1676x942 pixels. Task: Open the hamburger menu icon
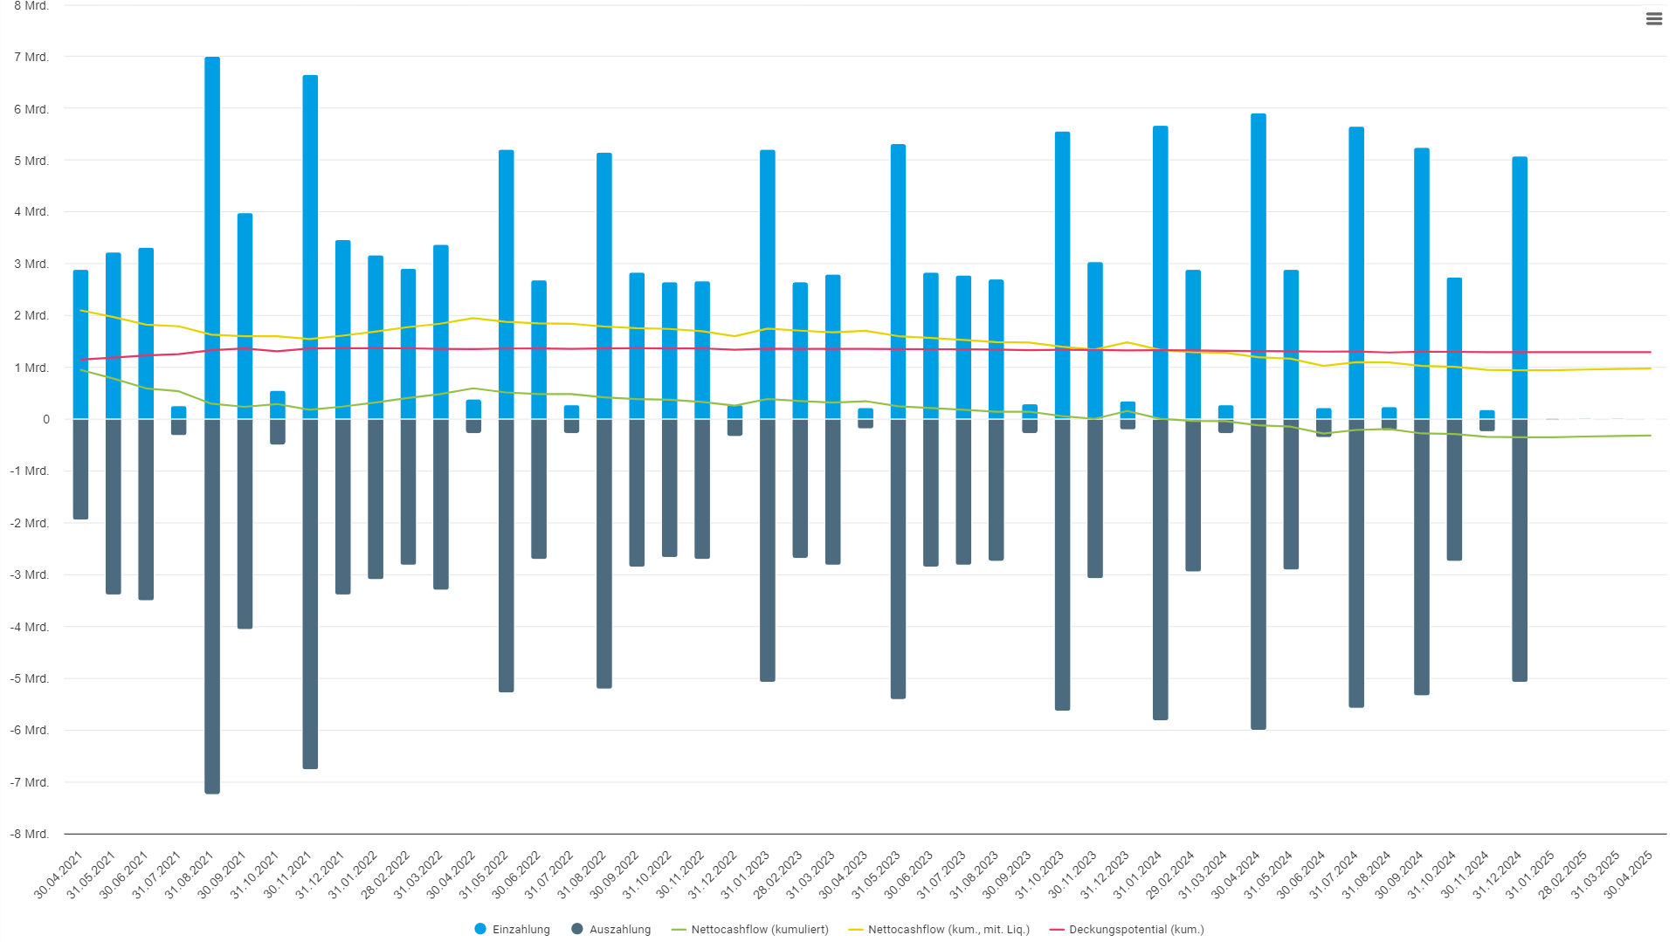click(1653, 19)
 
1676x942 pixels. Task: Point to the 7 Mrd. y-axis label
click(31, 57)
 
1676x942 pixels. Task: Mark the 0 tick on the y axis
click(46, 419)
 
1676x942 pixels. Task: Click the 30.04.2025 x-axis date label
click(1629, 875)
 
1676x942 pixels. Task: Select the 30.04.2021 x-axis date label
click(59, 875)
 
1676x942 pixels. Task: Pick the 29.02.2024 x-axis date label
click(1170, 875)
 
